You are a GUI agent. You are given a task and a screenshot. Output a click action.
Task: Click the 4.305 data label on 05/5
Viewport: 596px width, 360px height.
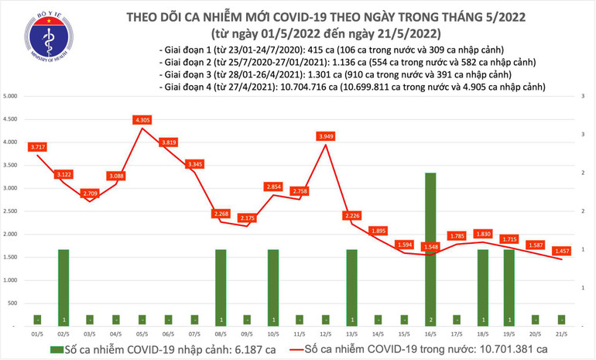pyautogui.click(x=142, y=120)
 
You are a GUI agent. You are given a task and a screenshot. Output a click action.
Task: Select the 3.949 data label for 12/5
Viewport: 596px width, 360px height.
pyautogui.click(x=326, y=136)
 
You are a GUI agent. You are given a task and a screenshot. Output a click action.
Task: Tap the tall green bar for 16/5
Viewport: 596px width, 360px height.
pyautogui.click(x=430, y=248)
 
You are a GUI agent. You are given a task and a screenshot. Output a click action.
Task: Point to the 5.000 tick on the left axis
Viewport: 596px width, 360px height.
pyautogui.click(x=10, y=97)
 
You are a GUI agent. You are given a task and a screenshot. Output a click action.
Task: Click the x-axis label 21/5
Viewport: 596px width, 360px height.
pyautogui.click(x=561, y=334)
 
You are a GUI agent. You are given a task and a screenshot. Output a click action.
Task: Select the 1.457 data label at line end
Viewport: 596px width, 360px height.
pyautogui.click(x=561, y=251)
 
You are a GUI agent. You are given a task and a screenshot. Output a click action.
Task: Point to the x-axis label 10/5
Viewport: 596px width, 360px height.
pyautogui.click(x=273, y=334)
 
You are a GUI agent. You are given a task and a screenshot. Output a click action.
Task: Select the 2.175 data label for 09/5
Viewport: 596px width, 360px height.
pyautogui.click(x=247, y=218)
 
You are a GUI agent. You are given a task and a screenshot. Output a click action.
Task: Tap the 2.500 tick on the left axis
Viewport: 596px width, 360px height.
pyautogui.click(x=10, y=211)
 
